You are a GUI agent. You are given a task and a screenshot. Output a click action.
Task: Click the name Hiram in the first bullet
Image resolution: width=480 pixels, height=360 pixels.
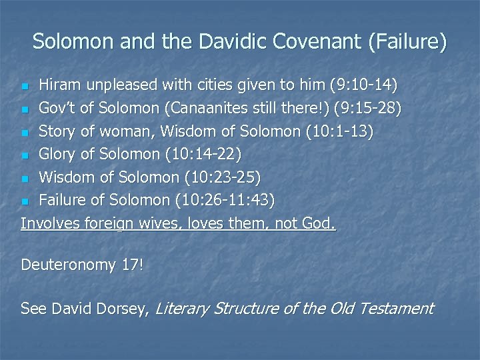click(x=58, y=85)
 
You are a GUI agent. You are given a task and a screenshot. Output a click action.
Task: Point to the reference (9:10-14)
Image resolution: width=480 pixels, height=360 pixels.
click(x=364, y=85)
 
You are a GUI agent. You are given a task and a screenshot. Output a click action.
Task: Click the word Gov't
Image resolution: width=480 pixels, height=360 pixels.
click(x=58, y=108)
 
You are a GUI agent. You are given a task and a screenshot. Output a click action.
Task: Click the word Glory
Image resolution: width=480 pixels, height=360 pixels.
click(x=59, y=154)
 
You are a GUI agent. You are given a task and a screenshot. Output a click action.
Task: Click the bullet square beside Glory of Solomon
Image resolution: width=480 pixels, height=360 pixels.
click(x=25, y=155)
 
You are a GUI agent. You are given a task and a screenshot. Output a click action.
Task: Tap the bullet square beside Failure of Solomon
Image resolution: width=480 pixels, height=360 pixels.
click(x=25, y=201)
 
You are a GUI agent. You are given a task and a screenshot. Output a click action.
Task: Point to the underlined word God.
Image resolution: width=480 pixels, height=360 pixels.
click(x=319, y=223)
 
